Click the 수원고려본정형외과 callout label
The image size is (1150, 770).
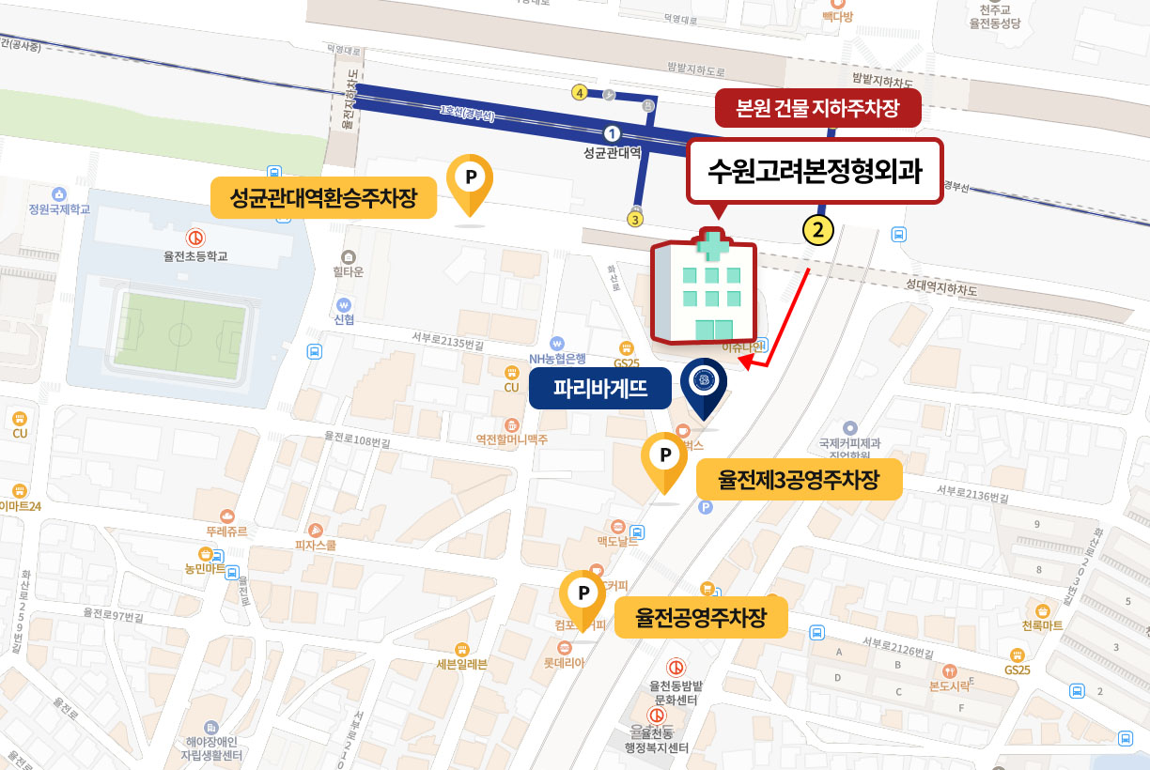click(x=814, y=172)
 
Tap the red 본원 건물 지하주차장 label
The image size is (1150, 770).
click(x=818, y=109)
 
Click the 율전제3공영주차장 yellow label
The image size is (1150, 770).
click(x=799, y=481)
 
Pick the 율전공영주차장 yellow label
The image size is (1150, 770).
click(x=701, y=618)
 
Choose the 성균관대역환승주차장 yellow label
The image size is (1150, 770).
click(x=323, y=198)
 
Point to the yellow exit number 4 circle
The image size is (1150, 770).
click(x=580, y=92)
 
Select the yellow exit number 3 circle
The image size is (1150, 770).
click(x=636, y=220)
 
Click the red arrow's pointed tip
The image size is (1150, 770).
click(x=741, y=362)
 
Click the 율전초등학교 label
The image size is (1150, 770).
click(x=196, y=255)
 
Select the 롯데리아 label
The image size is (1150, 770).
click(x=564, y=662)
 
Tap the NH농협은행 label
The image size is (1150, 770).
click(x=557, y=358)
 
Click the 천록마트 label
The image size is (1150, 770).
click(x=1042, y=624)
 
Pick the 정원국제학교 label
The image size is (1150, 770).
click(x=59, y=208)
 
